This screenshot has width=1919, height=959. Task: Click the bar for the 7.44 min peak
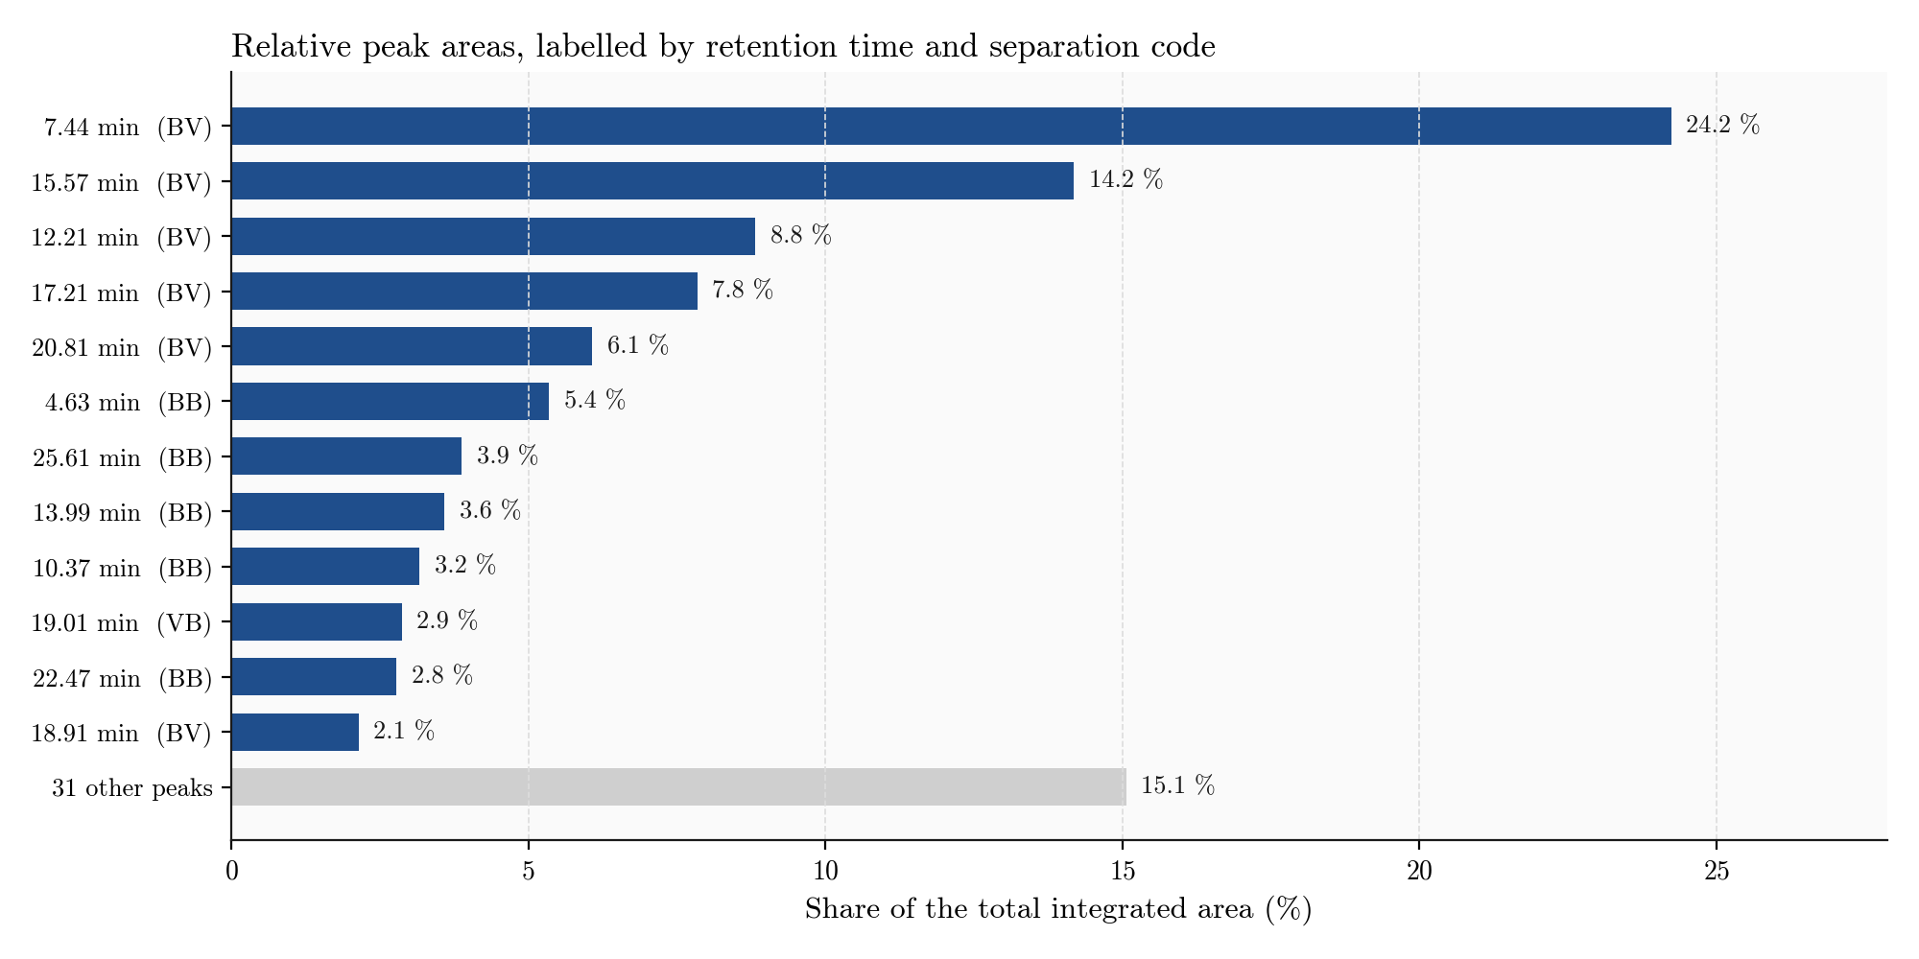tap(951, 126)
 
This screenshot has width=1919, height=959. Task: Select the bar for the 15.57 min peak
tap(652, 180)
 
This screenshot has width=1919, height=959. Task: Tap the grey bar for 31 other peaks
tap(678, 786)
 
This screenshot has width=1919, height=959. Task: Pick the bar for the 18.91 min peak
tap(295, 732)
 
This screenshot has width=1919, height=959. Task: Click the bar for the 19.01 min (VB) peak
tap(317, 621)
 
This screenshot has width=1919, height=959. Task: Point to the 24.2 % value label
tap(1723, 126)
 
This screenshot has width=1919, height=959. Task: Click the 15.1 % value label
tap(1178, 786)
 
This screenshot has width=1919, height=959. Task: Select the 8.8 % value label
tap(801, 236)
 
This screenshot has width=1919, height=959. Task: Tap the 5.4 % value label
tap(595, 401)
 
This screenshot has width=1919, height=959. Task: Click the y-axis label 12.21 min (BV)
tap(122, 237)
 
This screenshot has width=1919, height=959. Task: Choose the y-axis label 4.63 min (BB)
tap(129, 402)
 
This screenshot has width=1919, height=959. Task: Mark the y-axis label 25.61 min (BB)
tap(122, 457)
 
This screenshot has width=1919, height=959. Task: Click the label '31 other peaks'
tap(132, 788)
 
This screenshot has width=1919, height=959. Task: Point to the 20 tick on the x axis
tap(1419, 871)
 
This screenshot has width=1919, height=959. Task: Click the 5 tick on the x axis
tap(528, 871)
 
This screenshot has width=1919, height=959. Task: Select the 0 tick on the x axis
tap(231, 871)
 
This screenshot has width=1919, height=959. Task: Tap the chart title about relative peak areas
tap(723, 46)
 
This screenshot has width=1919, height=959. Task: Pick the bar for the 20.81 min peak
tap(412, 346)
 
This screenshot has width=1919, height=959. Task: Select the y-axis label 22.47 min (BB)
tap(122, 678)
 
